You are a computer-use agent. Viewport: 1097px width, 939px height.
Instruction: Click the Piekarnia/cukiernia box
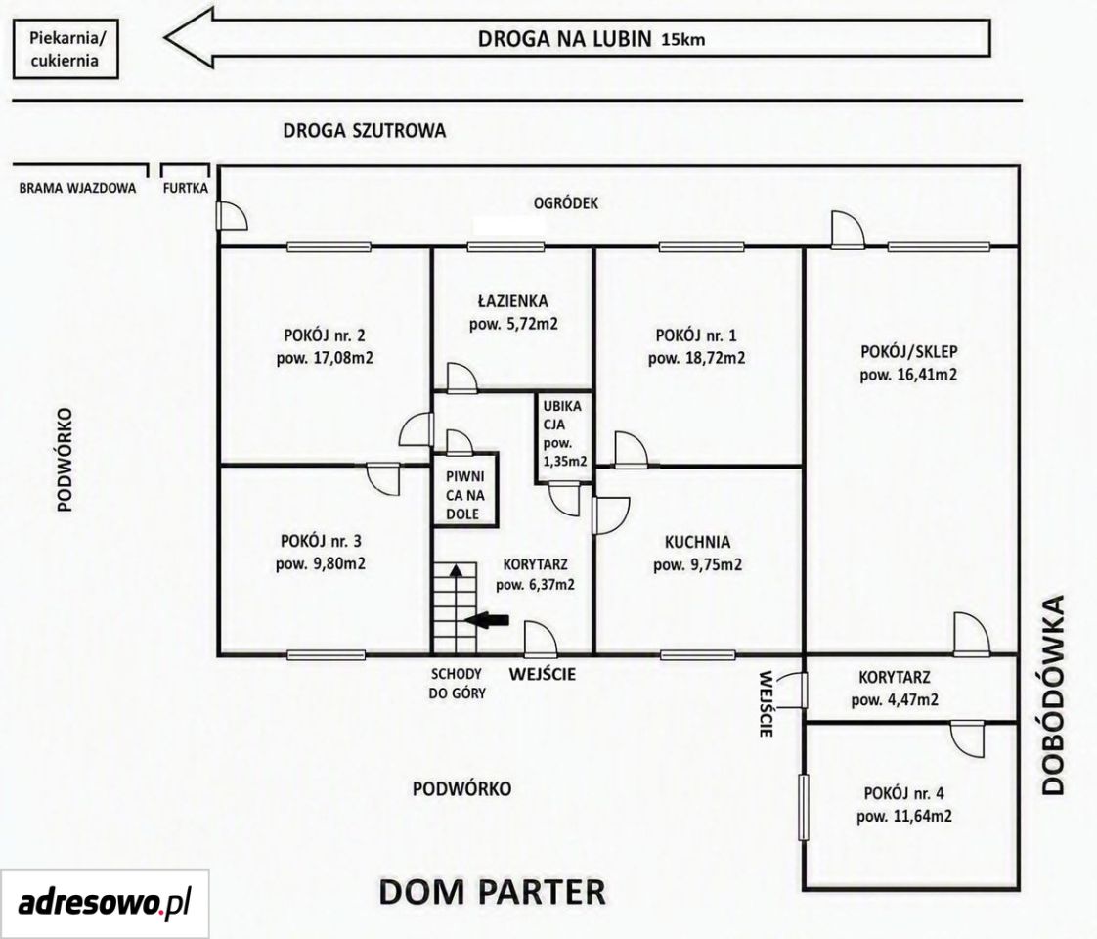(x=66, y=48)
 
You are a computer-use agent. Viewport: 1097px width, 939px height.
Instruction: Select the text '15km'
(x=682, y=40)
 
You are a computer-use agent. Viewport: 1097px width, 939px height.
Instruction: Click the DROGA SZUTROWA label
(x=364, y=131)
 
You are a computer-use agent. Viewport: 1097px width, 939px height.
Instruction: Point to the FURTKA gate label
(x=186, y=188)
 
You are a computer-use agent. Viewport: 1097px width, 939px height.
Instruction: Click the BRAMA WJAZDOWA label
(x=77, y=188)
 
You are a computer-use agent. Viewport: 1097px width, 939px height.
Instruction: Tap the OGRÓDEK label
(x=566, y=202)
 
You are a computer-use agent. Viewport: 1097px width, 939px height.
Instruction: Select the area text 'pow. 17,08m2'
(x=325, y=358)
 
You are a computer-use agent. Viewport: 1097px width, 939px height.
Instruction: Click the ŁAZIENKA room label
(x=513, y=301)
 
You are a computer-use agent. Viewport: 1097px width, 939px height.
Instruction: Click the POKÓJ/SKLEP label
(x=909, y=351)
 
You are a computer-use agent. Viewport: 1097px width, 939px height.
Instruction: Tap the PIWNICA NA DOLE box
(x=465, y=489)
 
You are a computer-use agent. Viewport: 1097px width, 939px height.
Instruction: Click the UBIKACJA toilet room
(x=564, y=438)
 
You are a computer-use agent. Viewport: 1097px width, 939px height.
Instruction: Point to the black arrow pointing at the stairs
(x=487, y=619)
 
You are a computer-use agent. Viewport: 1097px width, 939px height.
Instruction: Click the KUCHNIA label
(x=697, y=542)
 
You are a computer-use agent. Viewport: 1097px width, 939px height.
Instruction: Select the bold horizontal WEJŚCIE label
(x=543, y=674)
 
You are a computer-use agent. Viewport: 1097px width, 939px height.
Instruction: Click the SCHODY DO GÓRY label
(x=457, y=684)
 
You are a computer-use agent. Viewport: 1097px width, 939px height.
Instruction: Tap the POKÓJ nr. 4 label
(x=904, y=793)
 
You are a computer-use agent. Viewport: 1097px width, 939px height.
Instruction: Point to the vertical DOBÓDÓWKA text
(x=1053, y=694)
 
